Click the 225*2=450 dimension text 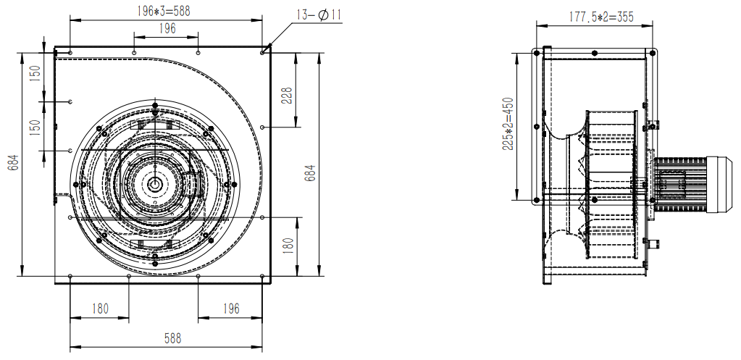click(x=508, y=126)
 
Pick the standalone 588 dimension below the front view click(x=172, y=338)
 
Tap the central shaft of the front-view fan click(x=156, y=184)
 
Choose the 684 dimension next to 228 click(x=310, y=172)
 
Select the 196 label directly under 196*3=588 click(x=167, y=28)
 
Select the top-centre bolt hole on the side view click(x=595, y=53)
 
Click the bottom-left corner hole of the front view click(x=70, y=277)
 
